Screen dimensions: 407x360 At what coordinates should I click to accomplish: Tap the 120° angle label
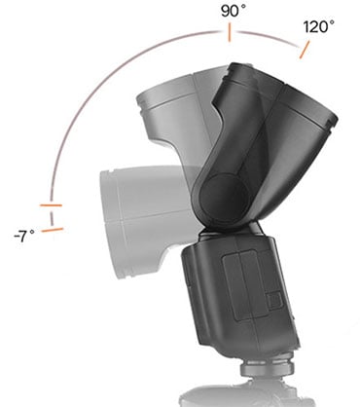click(319, 27)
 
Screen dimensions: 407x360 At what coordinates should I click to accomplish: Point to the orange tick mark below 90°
click(229, 34)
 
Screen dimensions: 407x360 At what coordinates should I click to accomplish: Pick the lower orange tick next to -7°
click(52, 230)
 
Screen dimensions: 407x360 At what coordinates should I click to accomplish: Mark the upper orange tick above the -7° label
click(52, 206)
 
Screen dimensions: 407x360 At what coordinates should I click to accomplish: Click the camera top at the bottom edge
click(243, 397)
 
